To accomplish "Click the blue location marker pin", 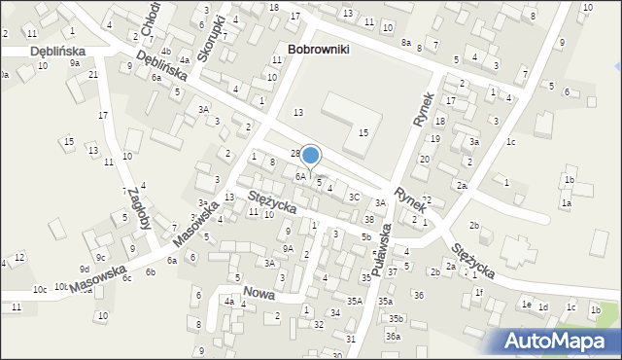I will pyautogui.click(x=311, y=156).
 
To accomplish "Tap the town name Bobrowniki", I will pyautogui.click(x=318, y=48).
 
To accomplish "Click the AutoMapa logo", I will pyautogui.click(x=560, y=341).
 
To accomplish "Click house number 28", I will pyautogui.click(x=295, y=154).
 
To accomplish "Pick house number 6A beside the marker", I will pyautogui.click(x=300, y=176).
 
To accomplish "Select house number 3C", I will pyautogui.click(x=355, y=197).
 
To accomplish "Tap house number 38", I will pyautogui.click(x=368, y=219).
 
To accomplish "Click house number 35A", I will pyautogui.click(x=355, y=302).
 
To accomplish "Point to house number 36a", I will pyautogui.click(x=393, y=336).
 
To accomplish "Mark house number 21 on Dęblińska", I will pyautogui.click(x=93, y=75).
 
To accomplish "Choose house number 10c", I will pyautogui.click(x=39, y=289).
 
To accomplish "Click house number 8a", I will pyautogui.click(x=406, y=43).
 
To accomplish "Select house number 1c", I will pyautogui.click(x=510, y=142).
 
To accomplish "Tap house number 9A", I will pyautogui.click(x=288, y=248).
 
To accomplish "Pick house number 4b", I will pyautogui.click(x=165, y=52).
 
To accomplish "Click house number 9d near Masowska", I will pyautogui.click(x=85, y=269).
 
